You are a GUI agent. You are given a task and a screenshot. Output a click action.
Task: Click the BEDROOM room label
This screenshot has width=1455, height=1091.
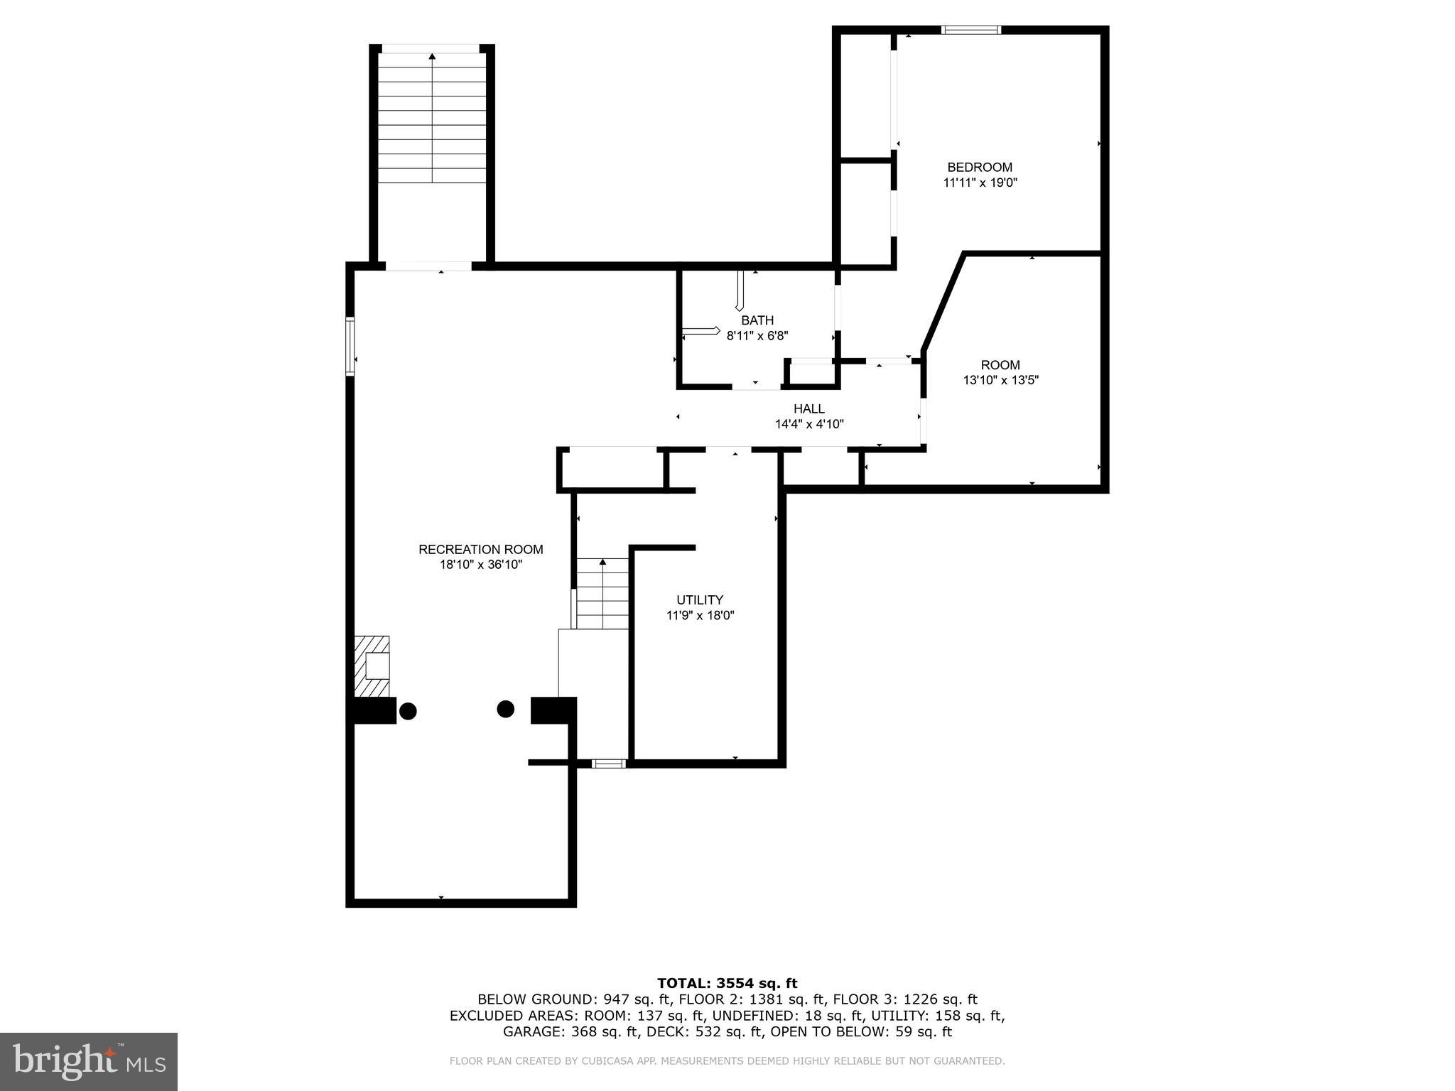pyautogui.click(x=980, y=167)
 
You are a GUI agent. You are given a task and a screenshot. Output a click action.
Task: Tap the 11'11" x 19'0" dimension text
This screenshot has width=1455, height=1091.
pyautogui.click(x=980, y=183)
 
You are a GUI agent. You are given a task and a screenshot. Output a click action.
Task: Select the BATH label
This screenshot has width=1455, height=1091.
pyautogui.click(x=757, y=320)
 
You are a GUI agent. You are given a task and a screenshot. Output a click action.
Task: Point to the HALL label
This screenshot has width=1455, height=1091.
pyautogui.click(x=809, y=408)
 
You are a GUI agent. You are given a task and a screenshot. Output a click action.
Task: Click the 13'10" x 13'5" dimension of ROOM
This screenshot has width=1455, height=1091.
pyautogui.click(x=1000, y=380)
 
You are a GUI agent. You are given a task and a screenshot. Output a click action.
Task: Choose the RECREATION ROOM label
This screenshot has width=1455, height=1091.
pyautogui.click(x=480, y=549)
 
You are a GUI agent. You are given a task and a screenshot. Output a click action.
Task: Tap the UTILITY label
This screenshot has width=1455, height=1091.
pyautogui.click(x=700, y=599)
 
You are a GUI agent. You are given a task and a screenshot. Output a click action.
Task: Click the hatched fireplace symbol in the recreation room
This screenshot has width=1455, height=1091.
pyautogui.click(x=372, y=666)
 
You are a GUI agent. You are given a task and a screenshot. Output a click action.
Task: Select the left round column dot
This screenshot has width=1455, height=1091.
pyautogui.click(x=408, y=710)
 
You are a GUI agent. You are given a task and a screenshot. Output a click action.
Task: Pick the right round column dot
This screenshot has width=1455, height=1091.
pyautogui.click(x=505, y=708)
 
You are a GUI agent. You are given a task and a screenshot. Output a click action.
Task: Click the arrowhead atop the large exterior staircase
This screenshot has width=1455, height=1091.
pyautogui.click(x=432, y=55)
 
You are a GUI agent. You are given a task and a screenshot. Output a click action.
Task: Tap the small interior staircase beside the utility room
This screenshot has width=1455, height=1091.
pyautogui.click(x=602, y=594)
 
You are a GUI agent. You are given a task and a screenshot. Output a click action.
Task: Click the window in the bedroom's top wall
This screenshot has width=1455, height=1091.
pyautogui.click(x=970, y=30)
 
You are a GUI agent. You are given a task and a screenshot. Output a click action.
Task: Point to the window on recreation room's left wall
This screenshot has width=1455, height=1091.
pyautogui.click(x=350, y=346)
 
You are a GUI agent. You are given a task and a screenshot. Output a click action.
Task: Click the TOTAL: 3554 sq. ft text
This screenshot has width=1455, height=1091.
pyautogui.click(x=727, y=983)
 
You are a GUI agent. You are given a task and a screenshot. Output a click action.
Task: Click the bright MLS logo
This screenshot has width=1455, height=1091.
pyautogui.click(x=89, y=1061)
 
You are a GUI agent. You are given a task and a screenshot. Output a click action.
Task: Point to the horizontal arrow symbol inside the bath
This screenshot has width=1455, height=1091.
pyautogui.click(x=701, y=331)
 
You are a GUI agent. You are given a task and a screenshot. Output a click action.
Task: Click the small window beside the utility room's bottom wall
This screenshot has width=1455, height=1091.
pyautogui.click(x=609, y=764)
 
